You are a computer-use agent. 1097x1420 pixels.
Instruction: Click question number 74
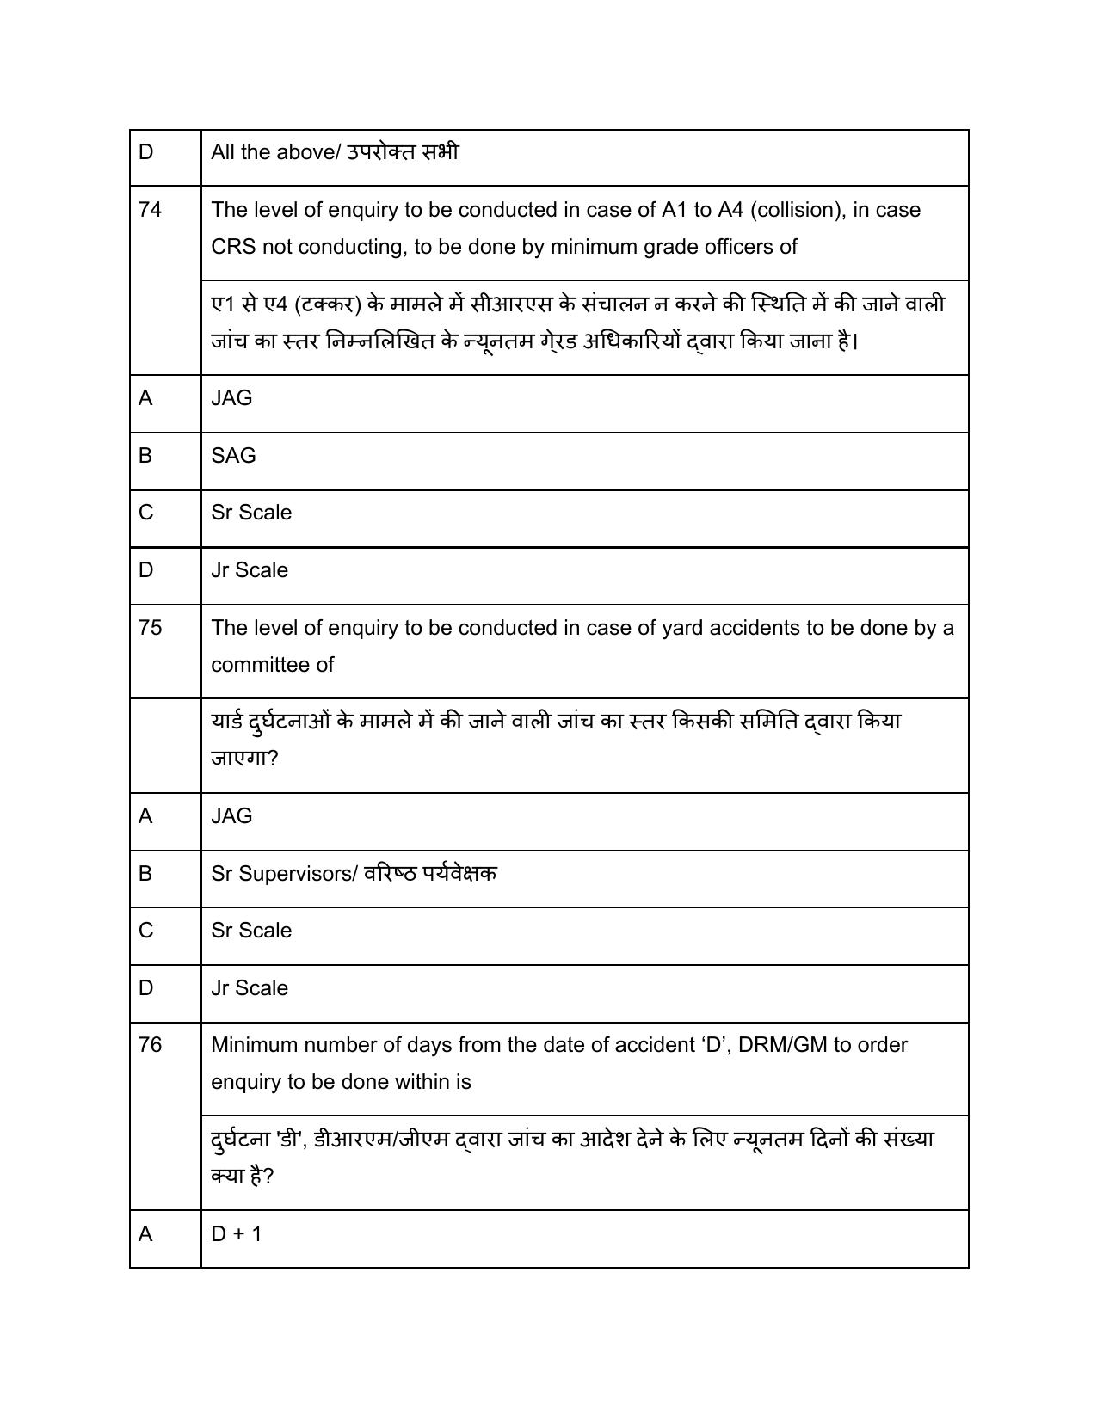point(150,210)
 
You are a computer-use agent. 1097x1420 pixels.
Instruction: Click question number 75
point(150,628)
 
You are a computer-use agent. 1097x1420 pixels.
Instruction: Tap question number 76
point(150,1045)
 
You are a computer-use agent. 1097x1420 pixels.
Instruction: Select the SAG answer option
point(233,456)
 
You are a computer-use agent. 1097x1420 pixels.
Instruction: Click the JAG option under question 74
point(231,398)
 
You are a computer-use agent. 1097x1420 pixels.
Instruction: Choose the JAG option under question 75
point(231,816)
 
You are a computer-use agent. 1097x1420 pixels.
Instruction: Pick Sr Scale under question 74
point(251,513)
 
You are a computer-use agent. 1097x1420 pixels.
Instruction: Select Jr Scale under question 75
point(250,988)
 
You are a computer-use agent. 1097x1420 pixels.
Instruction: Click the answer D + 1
point(237,1234)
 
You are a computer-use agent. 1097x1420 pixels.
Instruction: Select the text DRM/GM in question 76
point(783,1045)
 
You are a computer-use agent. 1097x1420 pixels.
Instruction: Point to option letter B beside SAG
point(145,456)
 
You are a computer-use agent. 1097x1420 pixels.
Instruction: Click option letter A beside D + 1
point(145,1234)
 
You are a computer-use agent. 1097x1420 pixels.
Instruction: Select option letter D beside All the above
point(145,152)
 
